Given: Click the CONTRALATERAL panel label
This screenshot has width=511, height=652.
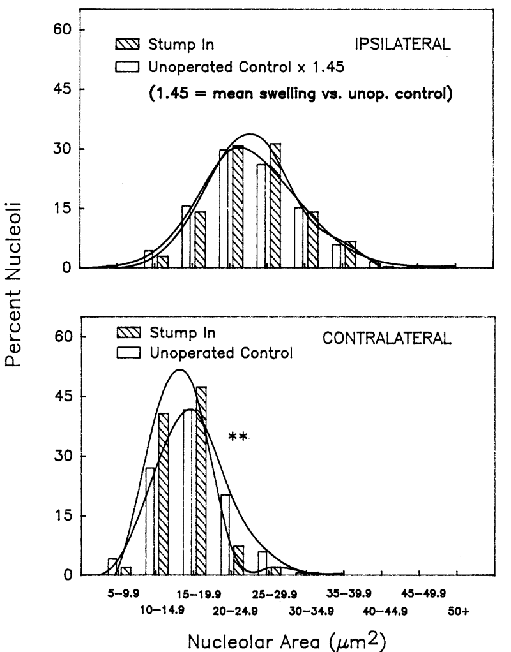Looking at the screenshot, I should [386, 339].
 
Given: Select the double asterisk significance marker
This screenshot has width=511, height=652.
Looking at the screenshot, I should [238, 438].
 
